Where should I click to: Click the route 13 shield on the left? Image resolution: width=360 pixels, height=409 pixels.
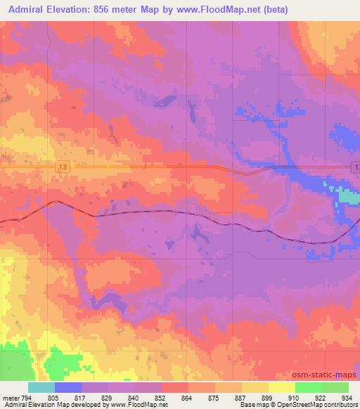pos(63,166)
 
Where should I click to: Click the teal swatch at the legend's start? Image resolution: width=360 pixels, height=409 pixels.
pos(41,387)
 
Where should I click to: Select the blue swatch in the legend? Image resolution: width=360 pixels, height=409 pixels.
pos(68,387)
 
